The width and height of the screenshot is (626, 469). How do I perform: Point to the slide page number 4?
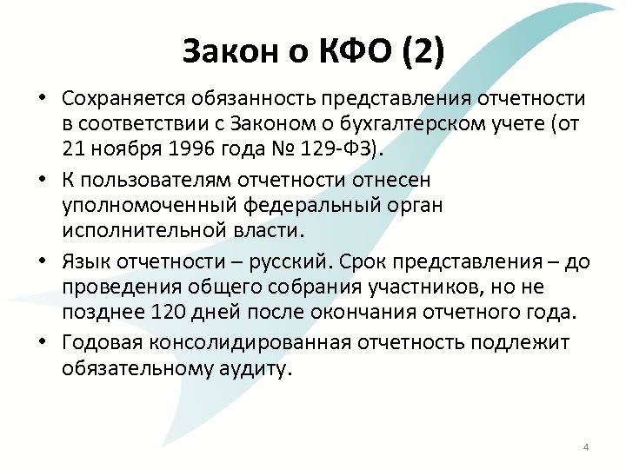tap(585, 448)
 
